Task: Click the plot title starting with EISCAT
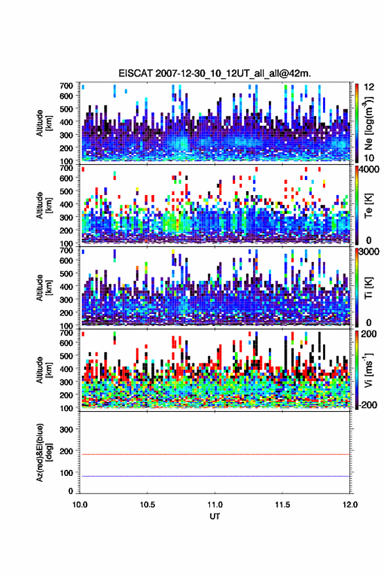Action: (x=215, y=73)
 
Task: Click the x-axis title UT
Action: (x=215, y=516)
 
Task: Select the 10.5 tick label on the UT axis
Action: (x=147, y=505)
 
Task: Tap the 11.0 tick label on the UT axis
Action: (x=215, y=505)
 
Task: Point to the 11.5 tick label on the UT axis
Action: (x=283, y=505)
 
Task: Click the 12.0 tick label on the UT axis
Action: (x=350, y=505)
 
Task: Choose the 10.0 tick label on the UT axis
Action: (x=80, y=505)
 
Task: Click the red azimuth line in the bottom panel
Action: (x=215, y=454)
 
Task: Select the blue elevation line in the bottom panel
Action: (x=215, y=476)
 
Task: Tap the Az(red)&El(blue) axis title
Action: (x=43, y=452)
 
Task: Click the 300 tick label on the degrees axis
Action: (x=66, y=429)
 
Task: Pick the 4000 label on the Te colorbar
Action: (x=371, y=170)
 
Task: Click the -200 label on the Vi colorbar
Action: (x=368, y=405)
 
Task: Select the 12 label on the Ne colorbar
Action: (x=369, y=87)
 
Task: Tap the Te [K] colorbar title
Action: (x=369, y=206)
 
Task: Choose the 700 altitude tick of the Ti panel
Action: (x=66, y=250)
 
